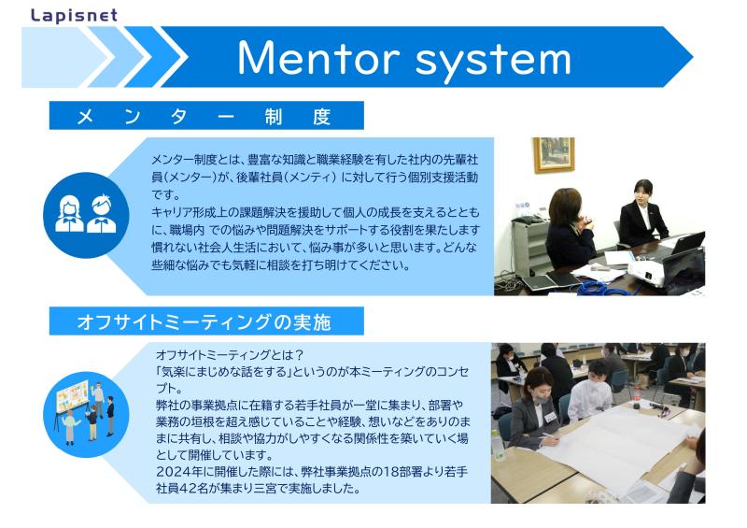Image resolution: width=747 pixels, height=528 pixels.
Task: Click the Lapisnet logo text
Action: [x=74, y=16]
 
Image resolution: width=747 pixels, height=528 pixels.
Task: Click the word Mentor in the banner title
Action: [x=318, y=58]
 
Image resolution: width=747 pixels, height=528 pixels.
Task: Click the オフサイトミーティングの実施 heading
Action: [x=204, y=322]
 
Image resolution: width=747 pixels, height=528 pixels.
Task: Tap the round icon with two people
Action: [x=86, y=215]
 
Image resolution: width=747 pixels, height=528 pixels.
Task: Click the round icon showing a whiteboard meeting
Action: [x=86, y=414]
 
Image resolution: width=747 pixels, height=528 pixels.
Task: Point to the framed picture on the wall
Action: [x=553, y=154]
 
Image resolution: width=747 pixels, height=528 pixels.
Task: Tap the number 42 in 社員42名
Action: [x=188, y=489]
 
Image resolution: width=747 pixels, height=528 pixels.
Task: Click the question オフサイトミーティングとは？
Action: [x=230, y=355]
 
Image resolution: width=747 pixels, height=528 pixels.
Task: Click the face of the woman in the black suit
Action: [x=642, y=193]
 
